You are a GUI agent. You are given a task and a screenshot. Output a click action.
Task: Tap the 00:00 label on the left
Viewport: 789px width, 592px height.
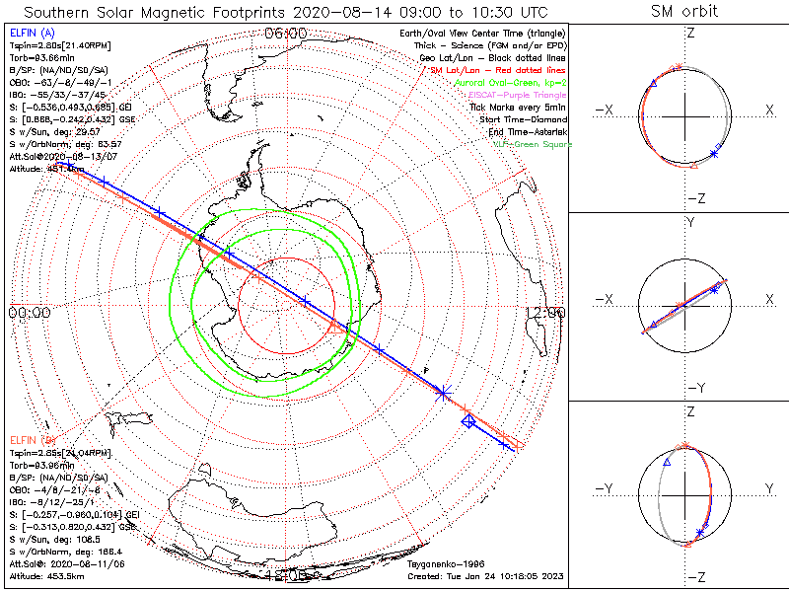click(x=29, y=313)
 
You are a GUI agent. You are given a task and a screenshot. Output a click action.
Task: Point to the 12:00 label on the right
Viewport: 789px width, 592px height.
click(x=544, y=313)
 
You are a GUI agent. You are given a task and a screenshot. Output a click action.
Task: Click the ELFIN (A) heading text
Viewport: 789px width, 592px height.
click(x=31, y=34)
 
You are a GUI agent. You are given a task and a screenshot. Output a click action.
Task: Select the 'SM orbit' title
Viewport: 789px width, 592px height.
click(x=684, y=12)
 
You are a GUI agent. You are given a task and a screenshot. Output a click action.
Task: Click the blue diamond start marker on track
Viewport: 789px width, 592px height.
click(x=469, y=421)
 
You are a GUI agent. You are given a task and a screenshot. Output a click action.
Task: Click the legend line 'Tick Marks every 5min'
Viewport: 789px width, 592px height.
click(x=521, y=107)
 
